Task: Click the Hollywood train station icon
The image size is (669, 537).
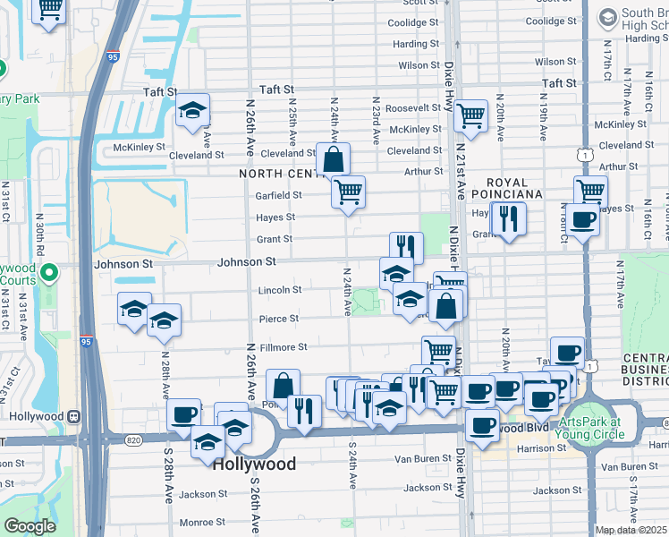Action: [75, 416]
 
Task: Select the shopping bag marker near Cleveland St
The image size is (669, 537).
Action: [333, 160]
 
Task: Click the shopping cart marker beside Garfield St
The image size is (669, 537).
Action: [348, 191]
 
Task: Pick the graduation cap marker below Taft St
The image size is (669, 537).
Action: [192, 110]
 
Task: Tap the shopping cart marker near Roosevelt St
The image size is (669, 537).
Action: [470, 115]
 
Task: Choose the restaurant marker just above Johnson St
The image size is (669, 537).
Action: [406, 245]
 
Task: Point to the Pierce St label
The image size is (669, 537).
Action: [278, 319]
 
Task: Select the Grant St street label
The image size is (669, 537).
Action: [275, 239]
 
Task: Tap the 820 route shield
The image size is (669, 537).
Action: [134, 439]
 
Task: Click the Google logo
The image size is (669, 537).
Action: [30, 526]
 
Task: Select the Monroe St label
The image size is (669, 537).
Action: [201, 522]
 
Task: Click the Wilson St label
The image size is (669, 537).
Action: [419, 65]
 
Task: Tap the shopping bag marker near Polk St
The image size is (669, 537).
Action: [283, 385]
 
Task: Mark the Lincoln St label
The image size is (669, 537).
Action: [280, 290]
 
